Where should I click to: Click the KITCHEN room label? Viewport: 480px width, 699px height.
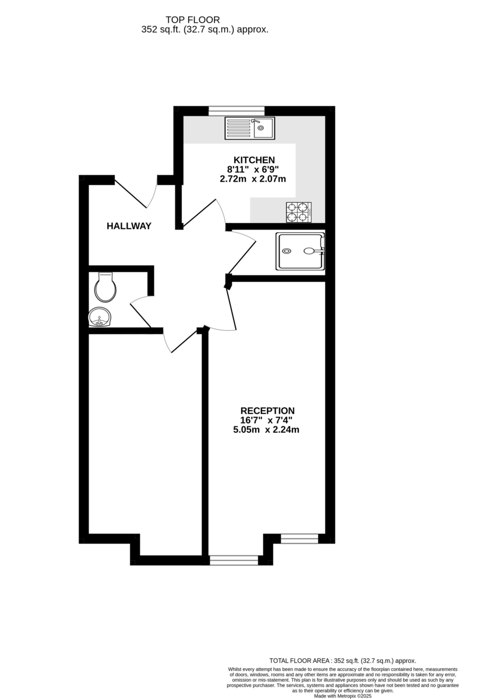(x=254, y=160)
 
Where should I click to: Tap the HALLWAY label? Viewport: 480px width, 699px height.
(x=129, y=226)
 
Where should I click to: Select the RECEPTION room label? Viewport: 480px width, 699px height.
(x=267, y=411)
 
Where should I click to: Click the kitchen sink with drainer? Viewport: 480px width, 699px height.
(x=250, y=128)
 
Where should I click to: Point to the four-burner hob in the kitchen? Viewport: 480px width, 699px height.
(x=299, y=212)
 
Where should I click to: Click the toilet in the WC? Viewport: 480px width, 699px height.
(x=105, y=287)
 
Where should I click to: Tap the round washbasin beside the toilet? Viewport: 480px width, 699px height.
(x=100, y=317)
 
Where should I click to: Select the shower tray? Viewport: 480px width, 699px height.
(x=300, y=251)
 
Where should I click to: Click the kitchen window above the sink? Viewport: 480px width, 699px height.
(x=237, y=111)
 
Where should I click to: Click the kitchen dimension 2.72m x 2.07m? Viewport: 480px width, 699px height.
(x=253, y=179)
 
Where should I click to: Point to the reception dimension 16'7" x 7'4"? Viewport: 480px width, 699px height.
(x=266, y=420)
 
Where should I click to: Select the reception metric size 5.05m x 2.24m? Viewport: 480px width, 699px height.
(x=266, y=430)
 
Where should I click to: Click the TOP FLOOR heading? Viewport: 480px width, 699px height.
(x=193, y=20)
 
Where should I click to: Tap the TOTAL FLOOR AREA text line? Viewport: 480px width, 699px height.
(x=343, y=661)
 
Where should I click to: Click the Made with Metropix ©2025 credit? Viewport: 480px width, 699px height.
(x=343, y=696)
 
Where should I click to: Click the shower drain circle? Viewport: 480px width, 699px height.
(x=287, y=251)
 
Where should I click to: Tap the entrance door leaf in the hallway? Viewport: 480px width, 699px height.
(x=130, y=193)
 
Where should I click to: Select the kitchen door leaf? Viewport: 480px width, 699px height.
(x=199, y=213)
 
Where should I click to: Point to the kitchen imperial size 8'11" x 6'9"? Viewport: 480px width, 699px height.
(x=253, y=170)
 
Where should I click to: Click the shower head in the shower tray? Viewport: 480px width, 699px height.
(x=309, y=250)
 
